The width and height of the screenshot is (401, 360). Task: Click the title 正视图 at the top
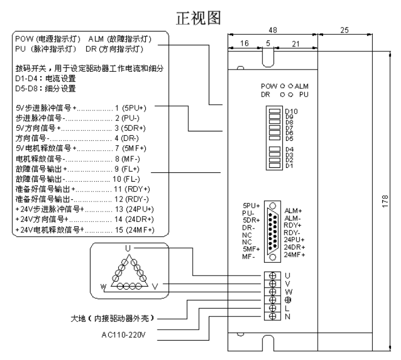pyautogui.click(x=199, y=18)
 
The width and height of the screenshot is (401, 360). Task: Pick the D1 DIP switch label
pyautogui.click(x=289, y=166)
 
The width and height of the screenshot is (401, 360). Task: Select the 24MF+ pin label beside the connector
pyautogui.click(x=296, y=255)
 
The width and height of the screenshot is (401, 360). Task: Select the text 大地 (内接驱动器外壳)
pyautogui.click(x=119, y=319)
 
